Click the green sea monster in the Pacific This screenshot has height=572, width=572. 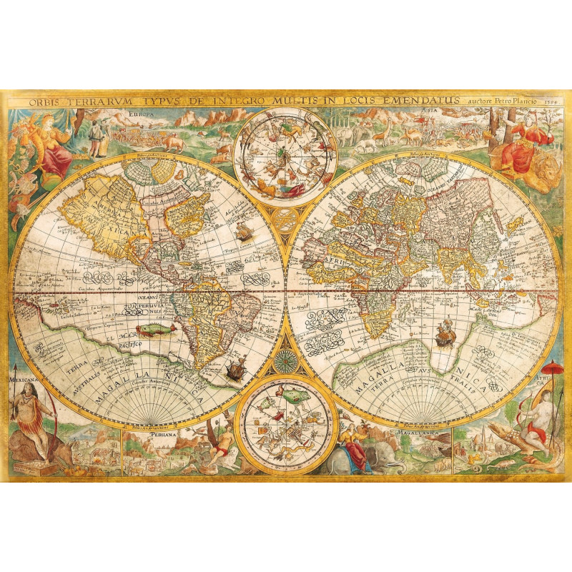(x=152, y=330)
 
